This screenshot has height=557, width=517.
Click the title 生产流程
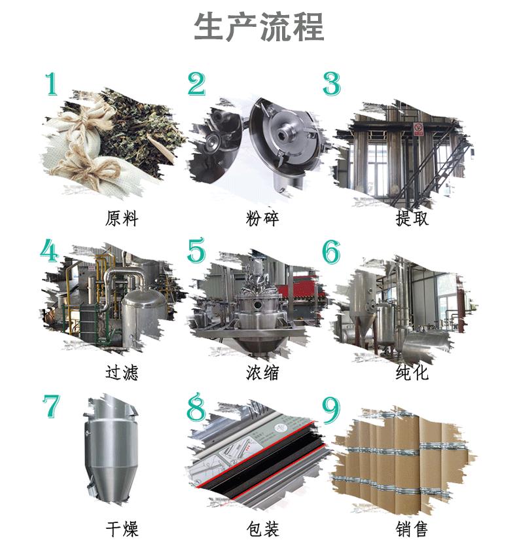[259, 27]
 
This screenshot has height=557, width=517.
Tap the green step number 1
[51, 84]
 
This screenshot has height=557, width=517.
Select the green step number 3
[332, 84]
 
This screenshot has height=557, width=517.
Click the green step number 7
[52, 406]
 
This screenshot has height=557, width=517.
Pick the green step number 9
[331, 410]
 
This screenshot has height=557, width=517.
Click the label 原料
[122, 219]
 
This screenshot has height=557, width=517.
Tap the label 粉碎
[262, 219]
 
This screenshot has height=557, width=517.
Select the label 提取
[412, 219]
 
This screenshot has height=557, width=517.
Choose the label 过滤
[122, 372]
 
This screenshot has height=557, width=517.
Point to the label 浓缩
[262, 372]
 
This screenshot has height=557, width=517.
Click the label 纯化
[412, 372]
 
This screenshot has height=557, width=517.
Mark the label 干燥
[122, 529]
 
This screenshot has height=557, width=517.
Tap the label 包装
[262, 529]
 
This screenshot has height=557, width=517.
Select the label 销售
[412, 529]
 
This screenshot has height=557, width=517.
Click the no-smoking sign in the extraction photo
[419, 128]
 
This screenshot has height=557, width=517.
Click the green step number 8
[196, 407]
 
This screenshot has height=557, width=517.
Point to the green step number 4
[49, 250]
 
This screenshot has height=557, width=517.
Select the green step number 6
[331, 251]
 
